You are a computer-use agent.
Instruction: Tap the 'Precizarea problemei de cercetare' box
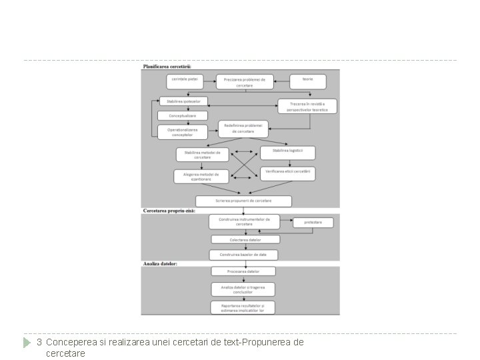click(x=245, y=82)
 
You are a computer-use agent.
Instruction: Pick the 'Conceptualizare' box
click(x=182, y=116)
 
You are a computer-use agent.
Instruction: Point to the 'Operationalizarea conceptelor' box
click(x=182, y=131)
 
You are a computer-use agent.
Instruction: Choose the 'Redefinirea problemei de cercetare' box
click(x=244, y=128)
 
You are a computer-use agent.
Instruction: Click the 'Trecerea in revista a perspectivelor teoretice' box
click(x=307, y=106)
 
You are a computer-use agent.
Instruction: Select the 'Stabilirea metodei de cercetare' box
click(x=202, y=155)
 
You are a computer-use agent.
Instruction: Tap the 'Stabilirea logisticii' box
click(x=287, y=152)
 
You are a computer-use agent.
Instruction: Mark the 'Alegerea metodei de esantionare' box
click(x=201, y=176)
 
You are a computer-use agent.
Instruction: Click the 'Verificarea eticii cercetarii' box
click(x=287, y=173)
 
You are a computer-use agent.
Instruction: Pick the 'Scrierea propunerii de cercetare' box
click(x=243, y=201)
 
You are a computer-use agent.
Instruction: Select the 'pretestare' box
click(x=313, y=222)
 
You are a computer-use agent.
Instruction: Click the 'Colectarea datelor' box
click(x=245, y=239)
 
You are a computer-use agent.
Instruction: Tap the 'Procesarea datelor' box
click(x=243, y=271)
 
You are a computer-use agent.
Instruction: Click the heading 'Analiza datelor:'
click(x=161, y=264)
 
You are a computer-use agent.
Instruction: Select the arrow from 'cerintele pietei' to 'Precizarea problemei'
click(x=211, y=81)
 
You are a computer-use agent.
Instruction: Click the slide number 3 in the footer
click(x=39, y=342)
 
